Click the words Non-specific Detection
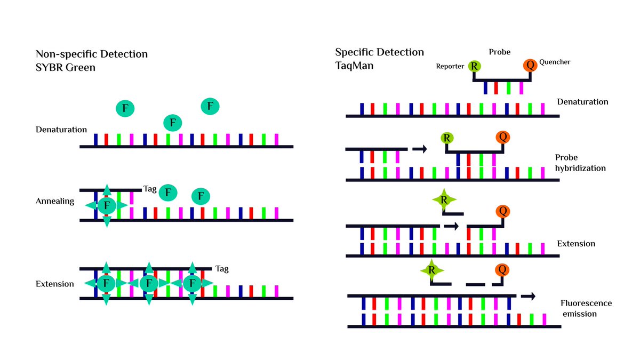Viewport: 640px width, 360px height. point(91,54)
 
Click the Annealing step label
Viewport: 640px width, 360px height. point(55,202)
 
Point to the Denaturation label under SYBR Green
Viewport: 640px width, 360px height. point(61,130)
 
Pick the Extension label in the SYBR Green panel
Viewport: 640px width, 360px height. point(54,284)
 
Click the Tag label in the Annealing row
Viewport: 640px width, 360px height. point(149,189)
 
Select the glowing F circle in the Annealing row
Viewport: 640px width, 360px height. point(107,205)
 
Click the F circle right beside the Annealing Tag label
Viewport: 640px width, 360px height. point(169,191)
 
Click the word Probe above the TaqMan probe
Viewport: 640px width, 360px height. point(499,52)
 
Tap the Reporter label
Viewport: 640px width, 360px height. point(450,67)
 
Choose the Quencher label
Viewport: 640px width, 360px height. point(554,62)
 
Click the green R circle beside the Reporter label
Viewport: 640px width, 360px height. point(474,66)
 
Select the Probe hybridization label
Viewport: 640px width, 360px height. point(580,163)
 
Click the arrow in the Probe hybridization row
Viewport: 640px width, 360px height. point(420,149)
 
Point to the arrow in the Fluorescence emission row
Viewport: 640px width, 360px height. point(528,295)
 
